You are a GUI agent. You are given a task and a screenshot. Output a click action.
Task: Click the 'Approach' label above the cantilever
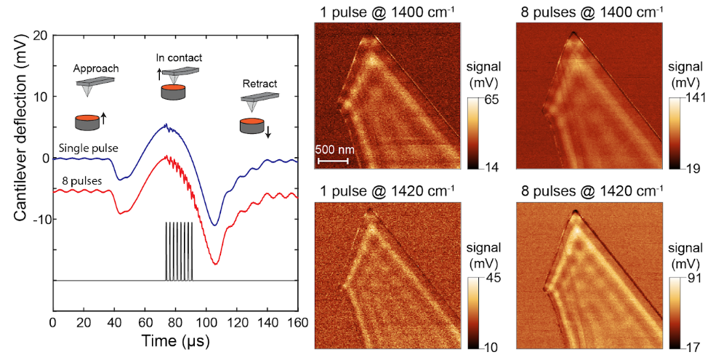tap(96, 69)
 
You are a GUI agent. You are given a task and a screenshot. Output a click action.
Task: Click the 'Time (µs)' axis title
tap(174, 339)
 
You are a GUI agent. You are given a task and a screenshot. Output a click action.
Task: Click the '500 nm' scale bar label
tap(333, 150)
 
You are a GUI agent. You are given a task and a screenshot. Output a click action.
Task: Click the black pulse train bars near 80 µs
tap(179, 250)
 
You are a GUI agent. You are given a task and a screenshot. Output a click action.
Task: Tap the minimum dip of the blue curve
tap(214, 225)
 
